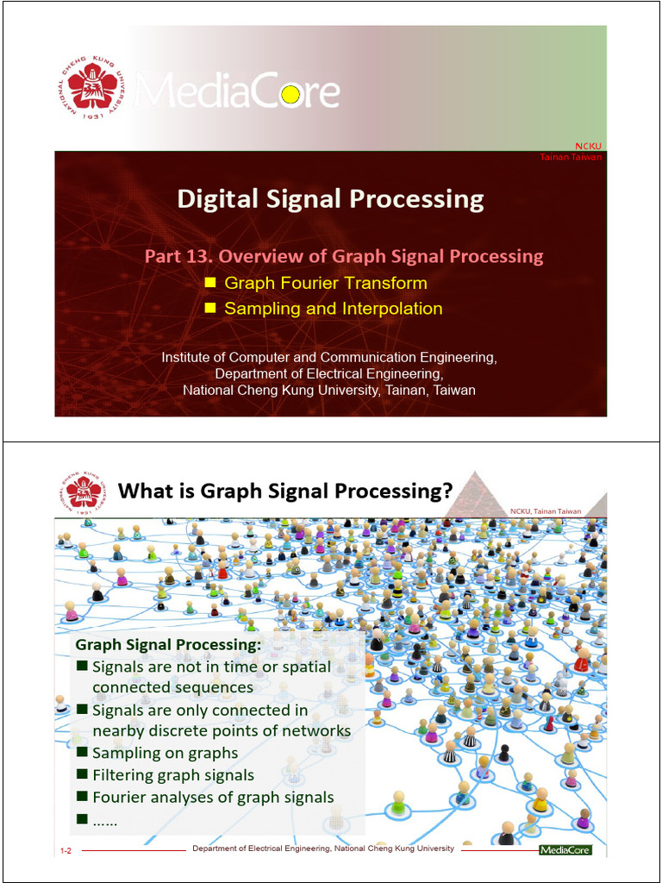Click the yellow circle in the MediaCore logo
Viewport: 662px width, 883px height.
(290, 94)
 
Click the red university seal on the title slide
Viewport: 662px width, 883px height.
(92, 86)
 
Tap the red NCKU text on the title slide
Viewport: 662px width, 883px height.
(588, 146)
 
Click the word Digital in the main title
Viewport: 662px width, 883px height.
(212, 199)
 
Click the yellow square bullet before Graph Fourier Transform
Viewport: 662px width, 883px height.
(209, 282)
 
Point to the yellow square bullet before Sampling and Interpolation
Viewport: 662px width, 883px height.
(209, 308)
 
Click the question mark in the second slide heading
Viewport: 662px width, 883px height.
(445, 492)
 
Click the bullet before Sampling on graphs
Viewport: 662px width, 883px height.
(82, 753)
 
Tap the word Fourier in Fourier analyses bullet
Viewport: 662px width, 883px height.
(121, 798)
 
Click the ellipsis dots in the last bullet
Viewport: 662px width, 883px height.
(104, 821)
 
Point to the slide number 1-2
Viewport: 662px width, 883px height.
(66, 851)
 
